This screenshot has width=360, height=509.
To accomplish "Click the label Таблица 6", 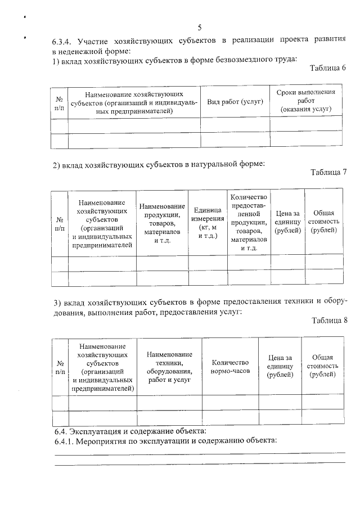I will (328, 68).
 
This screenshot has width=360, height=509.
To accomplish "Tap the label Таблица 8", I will (328, 320).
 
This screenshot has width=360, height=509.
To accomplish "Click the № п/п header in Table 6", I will (59, 102).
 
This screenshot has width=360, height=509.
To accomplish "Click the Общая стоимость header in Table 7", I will (323, 222).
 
